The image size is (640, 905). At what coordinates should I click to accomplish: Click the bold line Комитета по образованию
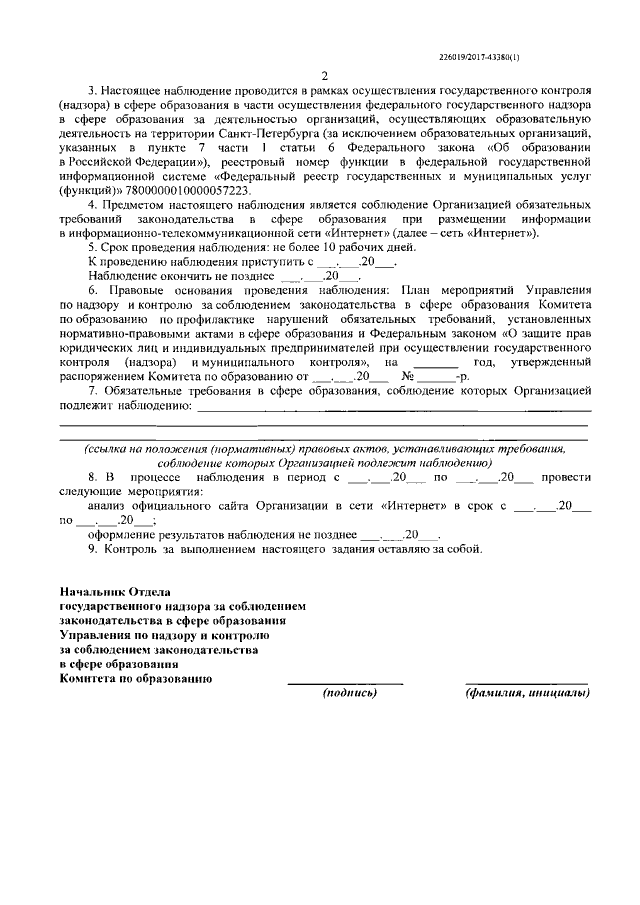click(135, 676)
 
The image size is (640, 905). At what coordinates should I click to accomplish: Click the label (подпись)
click(348, 692)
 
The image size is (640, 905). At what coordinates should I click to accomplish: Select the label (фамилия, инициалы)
click(527, 692)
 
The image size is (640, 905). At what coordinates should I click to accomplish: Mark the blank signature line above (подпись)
click(345, 682)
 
